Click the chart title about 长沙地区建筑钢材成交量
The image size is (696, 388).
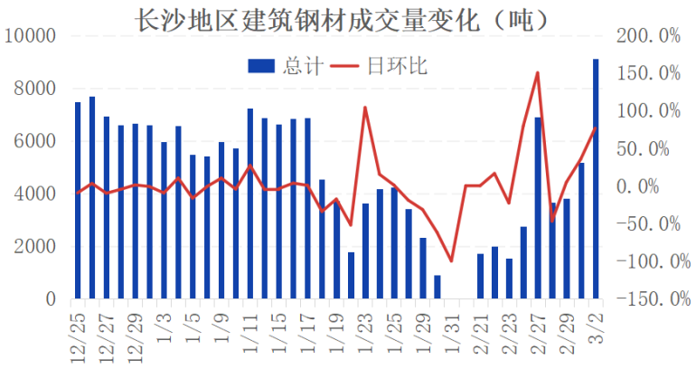(x=347, y=16)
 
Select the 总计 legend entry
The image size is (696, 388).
(x=277, y=65)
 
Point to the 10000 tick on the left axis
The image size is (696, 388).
(x=32, y=36)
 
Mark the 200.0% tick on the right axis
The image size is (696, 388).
(x=647, y=36)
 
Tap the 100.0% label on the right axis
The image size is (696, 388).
(x=647, y=111)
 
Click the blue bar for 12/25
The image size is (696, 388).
(x=78, y=200)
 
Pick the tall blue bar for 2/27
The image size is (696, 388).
(x=538, y=208)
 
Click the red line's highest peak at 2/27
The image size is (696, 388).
(x=538, y=73)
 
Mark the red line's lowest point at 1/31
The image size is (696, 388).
(x=452, y=260)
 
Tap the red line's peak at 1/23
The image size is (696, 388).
(x=365, y=108)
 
